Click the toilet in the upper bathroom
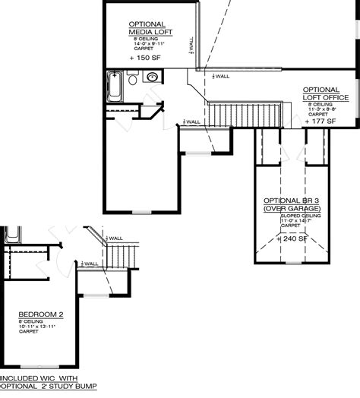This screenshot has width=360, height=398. click(134, 78)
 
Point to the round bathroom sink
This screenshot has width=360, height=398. click(152, 77)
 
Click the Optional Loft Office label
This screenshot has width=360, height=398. click(327, 93)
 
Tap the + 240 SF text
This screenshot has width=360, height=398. click(292, 238)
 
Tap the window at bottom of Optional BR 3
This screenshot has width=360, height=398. click(289, 263)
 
